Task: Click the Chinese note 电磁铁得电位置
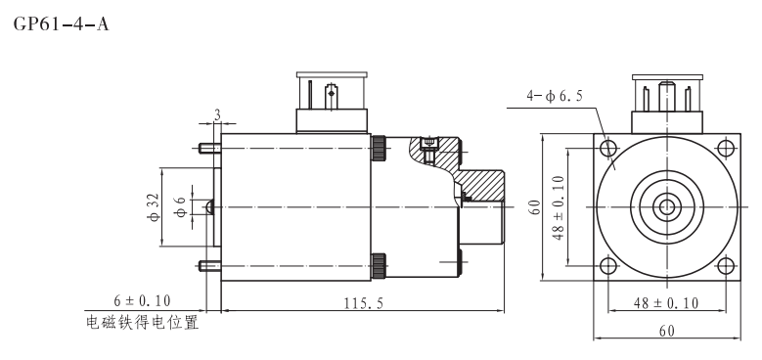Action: coord(143,323)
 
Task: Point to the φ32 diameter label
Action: coord(154,206)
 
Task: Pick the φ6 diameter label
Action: coord(179,206)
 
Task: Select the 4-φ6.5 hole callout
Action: coord(555,96)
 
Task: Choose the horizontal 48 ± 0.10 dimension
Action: coord(665,303)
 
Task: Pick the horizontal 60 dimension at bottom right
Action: coord(665,331)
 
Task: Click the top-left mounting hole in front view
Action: coord(607,149)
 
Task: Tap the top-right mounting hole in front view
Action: coord(724,149)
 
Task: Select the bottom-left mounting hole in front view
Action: coord(607,265)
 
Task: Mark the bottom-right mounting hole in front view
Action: coord(724,265)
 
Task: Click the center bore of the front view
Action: coord(666,206)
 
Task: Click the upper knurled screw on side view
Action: coord(378,148)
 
